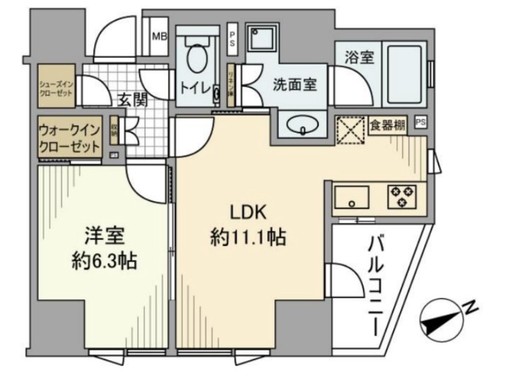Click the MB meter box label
(158, 36)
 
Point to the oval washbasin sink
(302, 124)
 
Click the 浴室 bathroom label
(359, 58)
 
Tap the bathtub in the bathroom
(404, 73)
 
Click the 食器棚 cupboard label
(388, 125)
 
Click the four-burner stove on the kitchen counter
(402, 196)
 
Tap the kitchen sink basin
(351, 196)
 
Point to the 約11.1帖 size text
(248, 239)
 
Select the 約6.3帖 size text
(104, 261)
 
